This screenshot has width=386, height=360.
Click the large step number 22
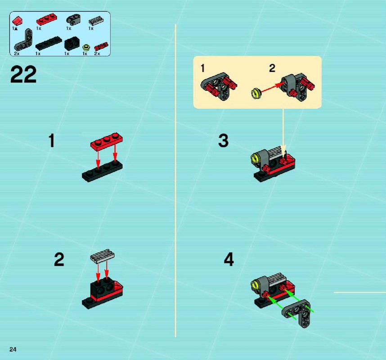pos(23,75)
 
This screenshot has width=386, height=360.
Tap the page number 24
pos(13,349)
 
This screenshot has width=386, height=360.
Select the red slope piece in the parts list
pos(17,21)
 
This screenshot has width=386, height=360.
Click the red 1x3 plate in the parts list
pos(46,20)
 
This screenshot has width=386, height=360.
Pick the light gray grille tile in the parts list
pos(96,21)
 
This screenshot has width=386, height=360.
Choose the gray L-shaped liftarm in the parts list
pos(24,40)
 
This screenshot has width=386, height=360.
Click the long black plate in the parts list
pos(49,43)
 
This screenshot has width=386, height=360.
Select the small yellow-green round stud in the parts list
pos(85,47)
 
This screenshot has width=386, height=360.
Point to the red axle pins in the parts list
pos(101,46)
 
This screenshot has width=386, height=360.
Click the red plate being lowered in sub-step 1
pos(107,141)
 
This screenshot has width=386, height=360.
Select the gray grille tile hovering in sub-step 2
pos(103,256)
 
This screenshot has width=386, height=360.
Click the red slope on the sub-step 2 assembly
pos(118,287)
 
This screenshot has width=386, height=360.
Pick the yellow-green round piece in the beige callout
pos(256,93)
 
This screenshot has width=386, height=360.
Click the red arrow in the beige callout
pos(271,88)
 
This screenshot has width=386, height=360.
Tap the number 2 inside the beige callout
pos(272,68)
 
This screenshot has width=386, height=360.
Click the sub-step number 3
pos(223,140)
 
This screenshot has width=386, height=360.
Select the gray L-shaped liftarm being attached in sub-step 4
pos(297,312)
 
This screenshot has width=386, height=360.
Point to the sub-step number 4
pos(229,259)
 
